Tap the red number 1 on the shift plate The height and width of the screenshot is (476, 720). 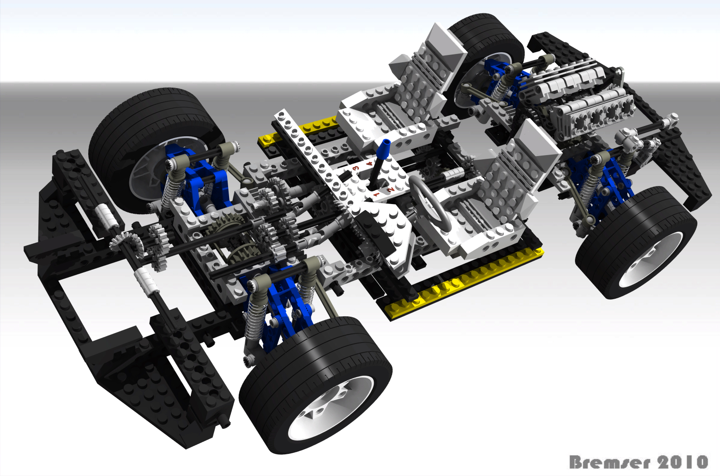[376, 195]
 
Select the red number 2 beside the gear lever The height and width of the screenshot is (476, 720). [391, 189]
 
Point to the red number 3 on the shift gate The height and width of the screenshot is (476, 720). [355, 169]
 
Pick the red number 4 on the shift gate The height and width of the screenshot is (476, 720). [369, 163]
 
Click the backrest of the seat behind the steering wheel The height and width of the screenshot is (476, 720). [522, 171]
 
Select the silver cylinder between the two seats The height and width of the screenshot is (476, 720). [453, 175]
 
